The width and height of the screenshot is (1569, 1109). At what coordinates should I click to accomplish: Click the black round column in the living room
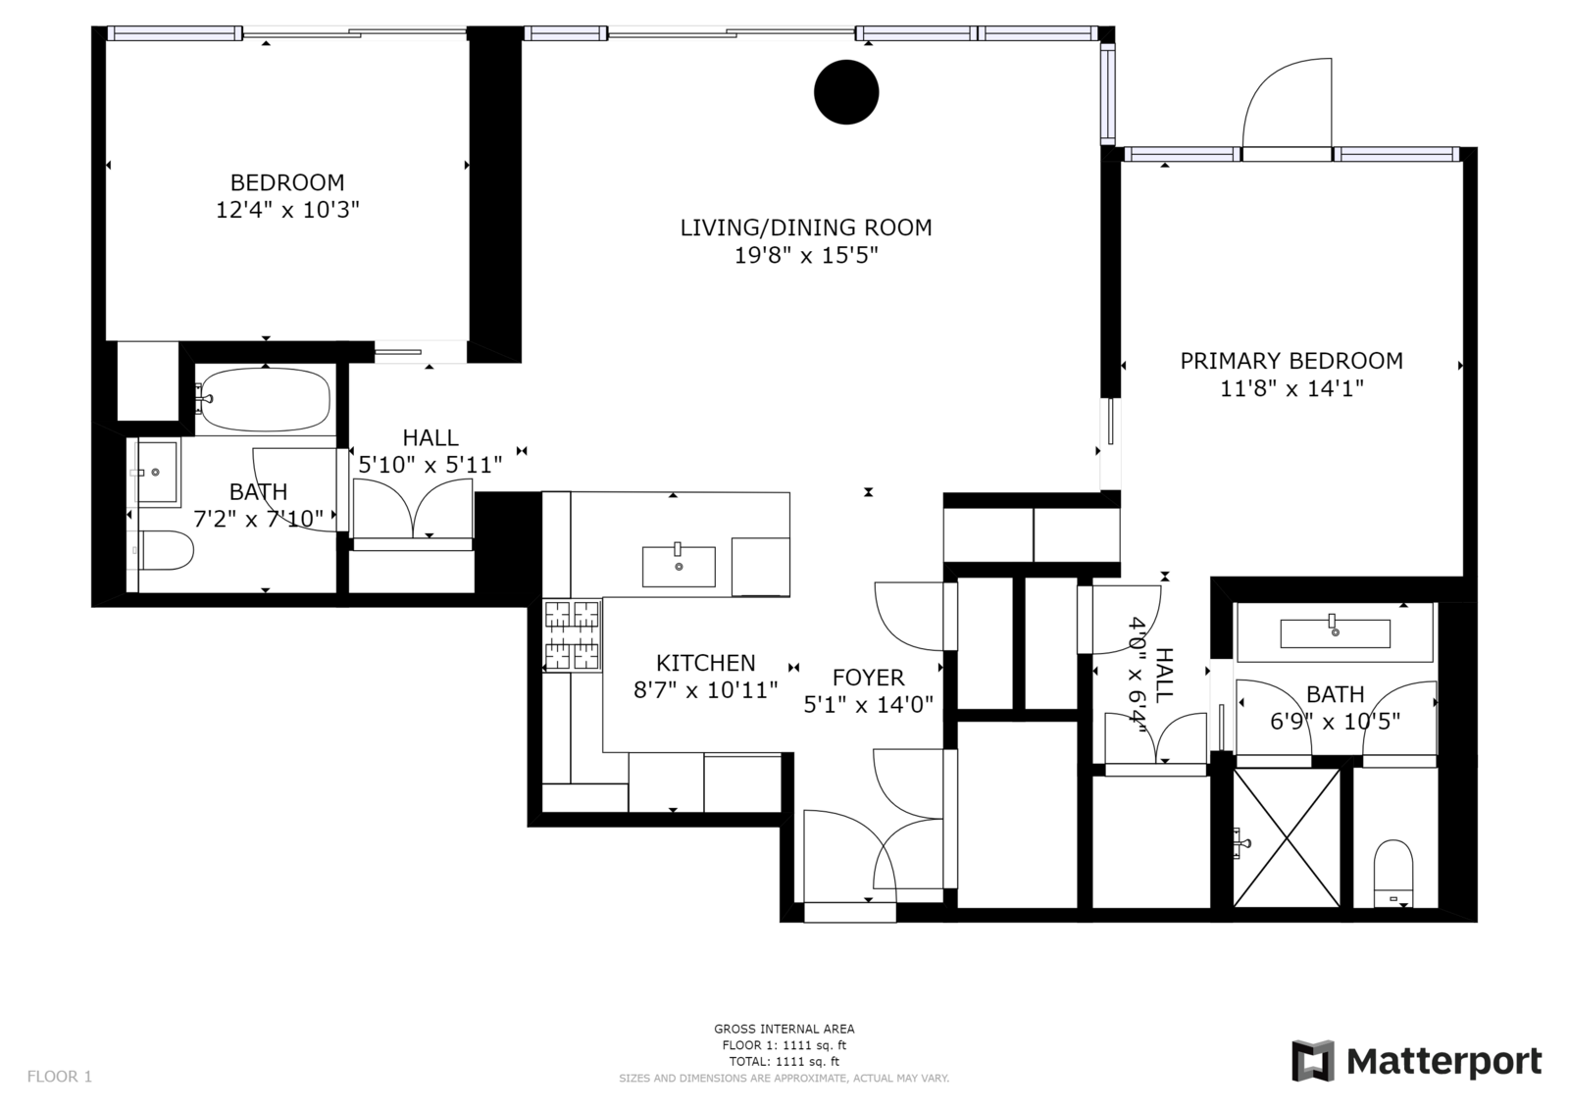click(x=846, y=92)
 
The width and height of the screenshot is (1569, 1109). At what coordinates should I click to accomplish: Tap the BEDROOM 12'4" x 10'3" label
click(x=287, y=196)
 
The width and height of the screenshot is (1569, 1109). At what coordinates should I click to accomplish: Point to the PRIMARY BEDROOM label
click(x=1291, y=361)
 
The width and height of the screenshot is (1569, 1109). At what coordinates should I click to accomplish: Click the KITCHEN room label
click(x=705, y=663)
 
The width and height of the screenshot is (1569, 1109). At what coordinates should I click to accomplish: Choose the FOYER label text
click(x=869, y=678)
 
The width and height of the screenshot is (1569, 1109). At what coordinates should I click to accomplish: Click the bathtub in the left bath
click(x=264, y=399)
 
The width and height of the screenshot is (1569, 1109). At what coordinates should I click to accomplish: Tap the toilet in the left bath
click(x=166, y=550)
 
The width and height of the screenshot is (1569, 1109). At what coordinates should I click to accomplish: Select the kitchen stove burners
click(x=573, y=635)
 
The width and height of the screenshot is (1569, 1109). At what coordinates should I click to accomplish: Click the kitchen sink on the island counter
click(x=679, y=566)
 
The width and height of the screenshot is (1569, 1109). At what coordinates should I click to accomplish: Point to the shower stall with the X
click(x=1286, y=838)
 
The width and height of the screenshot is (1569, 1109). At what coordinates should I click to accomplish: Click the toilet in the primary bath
click(x=1393, y=873)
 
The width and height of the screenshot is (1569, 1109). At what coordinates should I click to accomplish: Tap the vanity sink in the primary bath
click(x=1335, y=632)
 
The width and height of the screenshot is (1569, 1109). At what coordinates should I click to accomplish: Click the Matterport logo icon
click(x=1313, y=1061)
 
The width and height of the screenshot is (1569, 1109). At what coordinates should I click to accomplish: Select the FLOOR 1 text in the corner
click(x=60, y=1076)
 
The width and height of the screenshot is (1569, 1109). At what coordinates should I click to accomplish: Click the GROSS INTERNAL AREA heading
click(x=784, y=1030)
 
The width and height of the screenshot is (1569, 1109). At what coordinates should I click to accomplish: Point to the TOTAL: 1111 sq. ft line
click(x=784, y=1061)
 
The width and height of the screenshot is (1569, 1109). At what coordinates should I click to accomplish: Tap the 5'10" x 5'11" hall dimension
click(x=430, y=465)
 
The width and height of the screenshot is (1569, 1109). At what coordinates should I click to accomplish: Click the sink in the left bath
click(x=156, y=472)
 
